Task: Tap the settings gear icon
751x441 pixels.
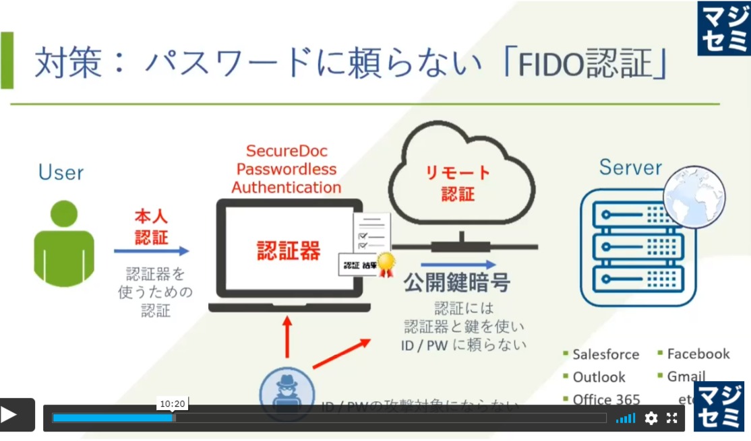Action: coord(651,418)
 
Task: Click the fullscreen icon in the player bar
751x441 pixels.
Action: coord(671,418)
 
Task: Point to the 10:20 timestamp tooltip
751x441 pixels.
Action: coord(173,404)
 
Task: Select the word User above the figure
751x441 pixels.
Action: coord(61,172)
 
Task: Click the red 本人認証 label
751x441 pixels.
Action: coord(151,227)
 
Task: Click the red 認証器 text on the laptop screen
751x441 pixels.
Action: coord(289,250)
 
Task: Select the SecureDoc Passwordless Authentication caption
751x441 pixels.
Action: coord(287,169)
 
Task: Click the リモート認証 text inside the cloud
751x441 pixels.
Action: coord(458,183)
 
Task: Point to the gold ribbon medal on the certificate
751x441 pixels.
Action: coord(386,265)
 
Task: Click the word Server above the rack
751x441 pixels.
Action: coord(630,167)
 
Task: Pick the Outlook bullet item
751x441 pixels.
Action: coord(599,377)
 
